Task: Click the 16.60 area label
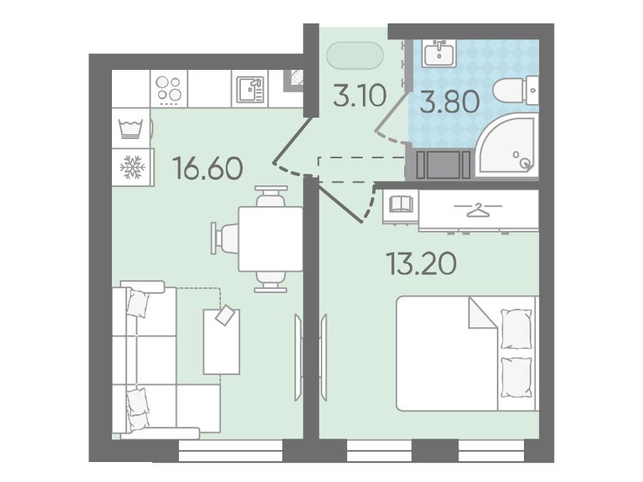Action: (208, 168)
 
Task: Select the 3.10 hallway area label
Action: (359, 95)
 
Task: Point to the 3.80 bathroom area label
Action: (449, 101)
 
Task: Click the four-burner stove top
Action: (169, 88)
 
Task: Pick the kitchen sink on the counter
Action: (250, 89)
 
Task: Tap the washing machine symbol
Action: (130, 128)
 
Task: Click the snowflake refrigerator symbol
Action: (132, 167)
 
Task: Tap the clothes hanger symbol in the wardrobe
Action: (478, 210)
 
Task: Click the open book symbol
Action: (400, 204)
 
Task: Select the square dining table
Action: (270, 239)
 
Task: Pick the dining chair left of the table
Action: (224, 238)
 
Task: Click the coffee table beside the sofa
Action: (222, 342)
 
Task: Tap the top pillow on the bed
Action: (516, 329)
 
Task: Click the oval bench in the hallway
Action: (355, 55)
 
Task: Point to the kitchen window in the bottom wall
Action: (231, 451)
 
